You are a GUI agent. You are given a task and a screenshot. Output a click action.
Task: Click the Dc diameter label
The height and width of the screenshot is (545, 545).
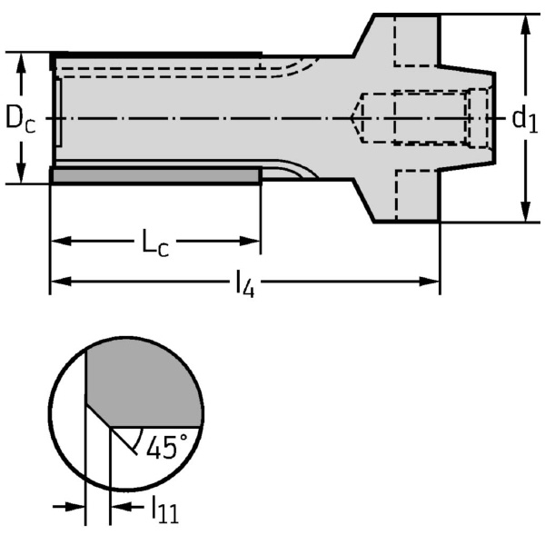(x=21, y=118)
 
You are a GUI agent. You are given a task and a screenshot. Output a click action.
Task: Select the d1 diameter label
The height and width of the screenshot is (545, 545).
(x=525, y=120)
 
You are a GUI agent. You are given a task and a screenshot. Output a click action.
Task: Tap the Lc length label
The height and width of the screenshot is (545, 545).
(x=155, y=243)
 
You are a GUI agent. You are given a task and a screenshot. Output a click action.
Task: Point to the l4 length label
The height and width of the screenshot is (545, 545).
(x=245, y=283)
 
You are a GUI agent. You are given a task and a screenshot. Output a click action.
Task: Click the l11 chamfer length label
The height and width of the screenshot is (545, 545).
(x=164, y=509)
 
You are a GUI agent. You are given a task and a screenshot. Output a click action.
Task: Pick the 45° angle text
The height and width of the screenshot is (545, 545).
(x=167, y=447)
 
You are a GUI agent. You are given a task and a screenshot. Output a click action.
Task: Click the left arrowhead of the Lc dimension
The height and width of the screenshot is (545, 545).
(x=61, y=241)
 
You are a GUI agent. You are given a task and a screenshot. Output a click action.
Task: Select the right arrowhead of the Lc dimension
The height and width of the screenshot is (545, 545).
(x=251, y=241)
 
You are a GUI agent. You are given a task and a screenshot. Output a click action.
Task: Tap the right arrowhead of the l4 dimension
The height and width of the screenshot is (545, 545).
(x=430, y=282)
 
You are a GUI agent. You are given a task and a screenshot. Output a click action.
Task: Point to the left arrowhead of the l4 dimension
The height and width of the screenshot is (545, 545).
(x=61, y=282)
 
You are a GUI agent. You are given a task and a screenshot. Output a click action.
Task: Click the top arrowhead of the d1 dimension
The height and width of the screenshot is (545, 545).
(x=527, y=25)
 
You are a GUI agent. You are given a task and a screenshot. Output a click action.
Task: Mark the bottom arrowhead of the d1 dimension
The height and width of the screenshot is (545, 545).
(x=527, y=212)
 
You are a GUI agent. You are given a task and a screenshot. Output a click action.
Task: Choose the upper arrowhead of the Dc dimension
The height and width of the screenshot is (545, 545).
(x=21, y=63)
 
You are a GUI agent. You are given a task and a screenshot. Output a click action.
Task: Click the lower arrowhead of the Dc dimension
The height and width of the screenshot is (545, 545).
(x=21, y=173)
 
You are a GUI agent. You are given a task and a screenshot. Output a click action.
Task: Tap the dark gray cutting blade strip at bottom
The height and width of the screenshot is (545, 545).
(x=156, y=176)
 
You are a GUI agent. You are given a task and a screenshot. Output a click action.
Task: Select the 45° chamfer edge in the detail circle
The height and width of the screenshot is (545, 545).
(x=98, y=415)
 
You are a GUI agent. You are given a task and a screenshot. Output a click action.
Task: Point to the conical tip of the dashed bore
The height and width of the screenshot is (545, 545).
(x=356, y=118)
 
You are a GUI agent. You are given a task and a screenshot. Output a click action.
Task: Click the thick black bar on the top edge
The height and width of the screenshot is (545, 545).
(x=156, y=54)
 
